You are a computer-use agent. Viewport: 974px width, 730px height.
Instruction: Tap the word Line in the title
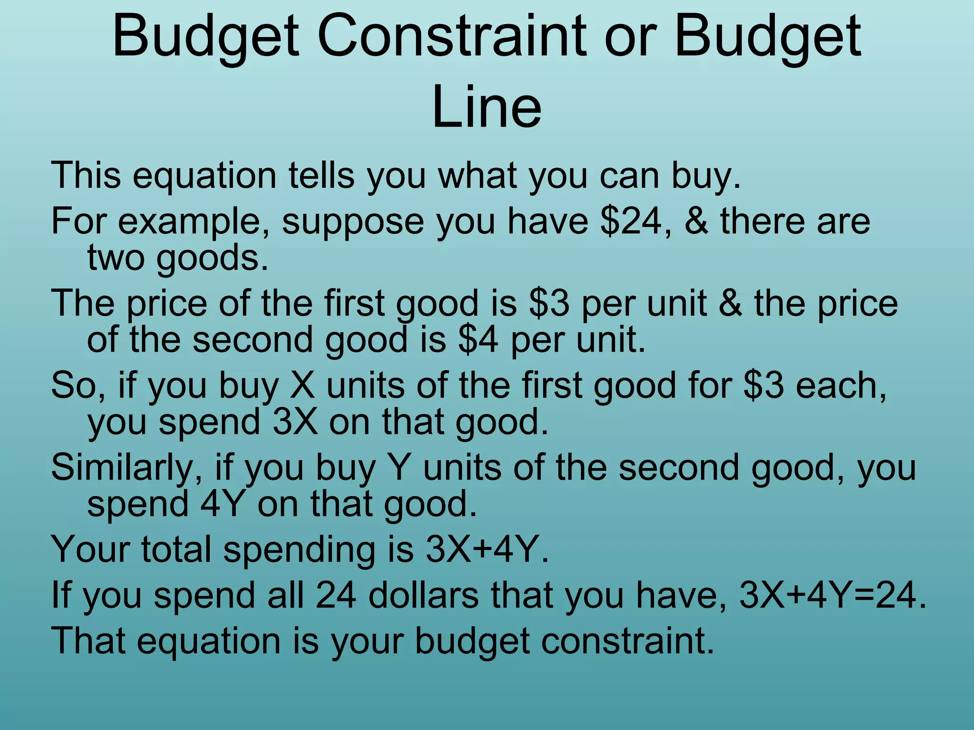[487, 107]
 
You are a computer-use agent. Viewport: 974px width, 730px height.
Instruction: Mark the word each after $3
[841, 385]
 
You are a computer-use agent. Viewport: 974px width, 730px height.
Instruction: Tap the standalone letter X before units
[302, 385]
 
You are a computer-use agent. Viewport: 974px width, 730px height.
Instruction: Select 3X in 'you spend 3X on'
[295, 422]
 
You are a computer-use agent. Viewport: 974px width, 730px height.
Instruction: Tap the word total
[175, 549]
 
